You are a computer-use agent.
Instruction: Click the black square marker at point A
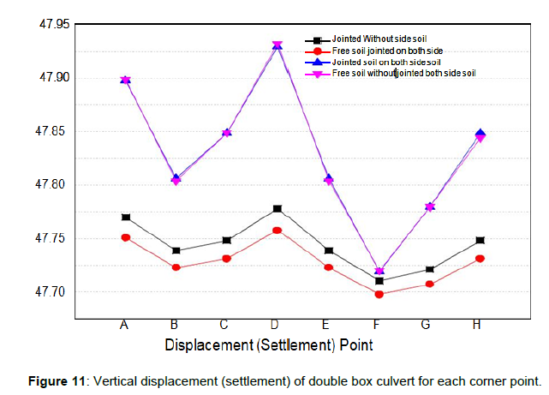126,218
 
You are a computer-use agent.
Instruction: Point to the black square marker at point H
480,241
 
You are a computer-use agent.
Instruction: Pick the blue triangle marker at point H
480,134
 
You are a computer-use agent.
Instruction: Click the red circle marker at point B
176,267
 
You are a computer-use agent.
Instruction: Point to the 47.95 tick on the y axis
54,24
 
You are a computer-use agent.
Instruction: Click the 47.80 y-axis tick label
54,185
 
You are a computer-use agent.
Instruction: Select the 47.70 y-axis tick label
54,292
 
